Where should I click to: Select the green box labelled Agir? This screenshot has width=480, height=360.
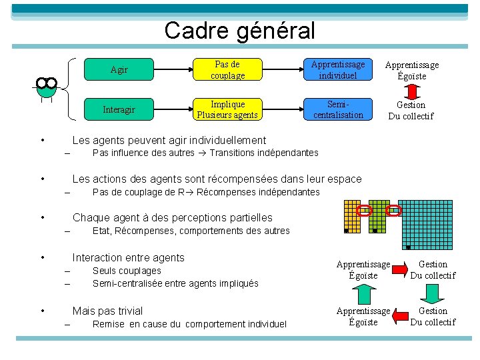(119, 70)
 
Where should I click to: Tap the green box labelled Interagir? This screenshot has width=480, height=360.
(119, 110)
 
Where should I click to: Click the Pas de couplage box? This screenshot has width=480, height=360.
(227, 70)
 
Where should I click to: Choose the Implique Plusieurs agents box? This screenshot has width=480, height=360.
(227, 110)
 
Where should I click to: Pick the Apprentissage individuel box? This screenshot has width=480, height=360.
(338, 70)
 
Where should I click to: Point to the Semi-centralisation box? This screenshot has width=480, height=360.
(338, 110)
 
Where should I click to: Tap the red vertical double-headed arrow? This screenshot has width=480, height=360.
(411, 90)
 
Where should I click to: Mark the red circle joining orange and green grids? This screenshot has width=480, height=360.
(365, 211)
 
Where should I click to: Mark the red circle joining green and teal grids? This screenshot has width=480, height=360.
(394, 211)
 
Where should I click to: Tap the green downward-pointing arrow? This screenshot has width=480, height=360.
(433, 293)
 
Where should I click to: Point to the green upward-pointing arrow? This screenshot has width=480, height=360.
(363, 293)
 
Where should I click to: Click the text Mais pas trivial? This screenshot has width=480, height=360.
(107, 311)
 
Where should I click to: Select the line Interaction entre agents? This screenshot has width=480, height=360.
(128, 257)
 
